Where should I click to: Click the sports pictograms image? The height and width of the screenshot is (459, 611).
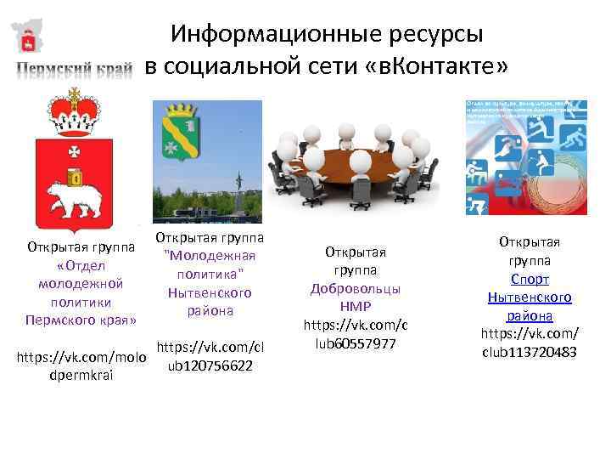[525, 157]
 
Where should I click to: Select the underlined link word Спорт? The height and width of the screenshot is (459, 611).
[530, 279]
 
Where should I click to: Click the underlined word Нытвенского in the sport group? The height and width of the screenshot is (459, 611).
[530, 297]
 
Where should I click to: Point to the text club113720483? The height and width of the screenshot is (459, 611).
[530, 352]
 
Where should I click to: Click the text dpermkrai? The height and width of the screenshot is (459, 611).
[77, 375]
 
